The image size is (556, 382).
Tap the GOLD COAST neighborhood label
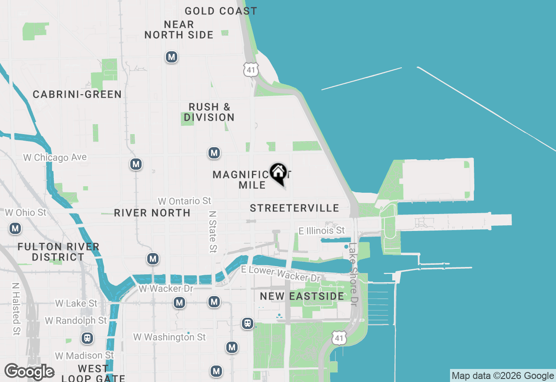(x=221, y=11)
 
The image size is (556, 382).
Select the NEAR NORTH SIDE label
(x=179, y=30)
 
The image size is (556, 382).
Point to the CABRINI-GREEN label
(x=77, y=94)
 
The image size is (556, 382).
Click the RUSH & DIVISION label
(x=209, y=112)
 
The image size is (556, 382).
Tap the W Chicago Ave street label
(x=55, y=157)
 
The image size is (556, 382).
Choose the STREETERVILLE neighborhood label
(x=295, y=208)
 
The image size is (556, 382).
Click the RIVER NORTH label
(x=152, y=213)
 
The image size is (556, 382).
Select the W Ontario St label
(x=185, y=201)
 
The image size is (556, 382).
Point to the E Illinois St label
(x=322, y=231)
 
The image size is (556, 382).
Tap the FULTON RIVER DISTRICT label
(x=58, y=252)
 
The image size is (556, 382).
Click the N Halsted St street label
(x=16, y=309)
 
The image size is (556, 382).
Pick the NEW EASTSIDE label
(x=302, y=296)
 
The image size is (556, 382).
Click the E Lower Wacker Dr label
(x=281, y=273)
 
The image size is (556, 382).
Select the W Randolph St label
(x=76, y=321)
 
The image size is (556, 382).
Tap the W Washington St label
(x=169, y=337)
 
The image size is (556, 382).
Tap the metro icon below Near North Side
(x=172, y=57)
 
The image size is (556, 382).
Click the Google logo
(x=29, y=372)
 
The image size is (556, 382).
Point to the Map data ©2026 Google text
(x=503, y=376)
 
